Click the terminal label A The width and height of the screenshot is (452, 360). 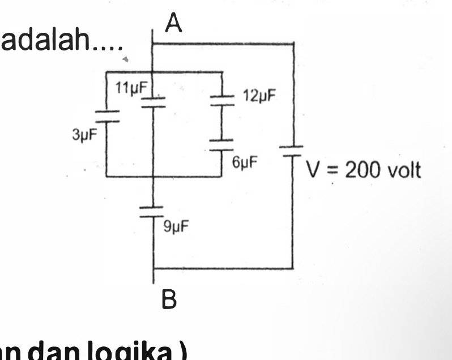click(174, 23)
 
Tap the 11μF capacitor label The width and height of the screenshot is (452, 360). click(131, 88)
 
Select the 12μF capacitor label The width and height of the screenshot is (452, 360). click(259, 95)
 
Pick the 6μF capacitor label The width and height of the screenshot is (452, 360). click(245, 163)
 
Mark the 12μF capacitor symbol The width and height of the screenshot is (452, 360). click(222, 101)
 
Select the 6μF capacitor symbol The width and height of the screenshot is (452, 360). click(222, 144)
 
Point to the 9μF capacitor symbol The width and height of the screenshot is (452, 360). click(153, 212)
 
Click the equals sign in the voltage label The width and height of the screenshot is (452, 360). click(332, 170)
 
